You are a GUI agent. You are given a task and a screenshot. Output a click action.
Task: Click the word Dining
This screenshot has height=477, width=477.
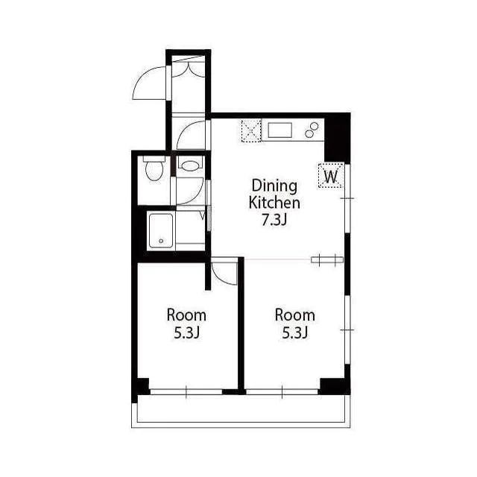pos(274,186)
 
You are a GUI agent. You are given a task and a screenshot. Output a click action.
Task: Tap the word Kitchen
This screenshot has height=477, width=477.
pos(274,203)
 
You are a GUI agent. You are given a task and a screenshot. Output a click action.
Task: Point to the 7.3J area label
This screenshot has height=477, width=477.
pos(274,219)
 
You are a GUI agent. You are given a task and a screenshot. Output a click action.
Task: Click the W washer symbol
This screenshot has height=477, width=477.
pos(331,176)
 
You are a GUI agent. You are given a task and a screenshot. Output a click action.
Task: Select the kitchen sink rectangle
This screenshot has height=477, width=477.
pos(280,130)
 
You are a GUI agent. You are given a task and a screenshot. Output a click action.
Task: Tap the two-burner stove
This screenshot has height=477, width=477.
pos(312,130)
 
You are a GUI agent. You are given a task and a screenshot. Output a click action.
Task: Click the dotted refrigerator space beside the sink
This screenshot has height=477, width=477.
pos(251,131)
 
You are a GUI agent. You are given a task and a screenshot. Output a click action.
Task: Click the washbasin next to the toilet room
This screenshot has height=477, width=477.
pos(190,165)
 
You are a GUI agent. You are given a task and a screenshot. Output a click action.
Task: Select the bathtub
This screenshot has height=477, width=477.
pos(161,230)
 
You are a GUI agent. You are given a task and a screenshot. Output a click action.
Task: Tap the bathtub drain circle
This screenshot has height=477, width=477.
pos(161,241)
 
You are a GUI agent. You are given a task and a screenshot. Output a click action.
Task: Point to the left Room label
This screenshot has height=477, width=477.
pos(186,315)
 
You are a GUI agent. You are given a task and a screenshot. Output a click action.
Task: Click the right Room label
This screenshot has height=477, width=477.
pos(295,315)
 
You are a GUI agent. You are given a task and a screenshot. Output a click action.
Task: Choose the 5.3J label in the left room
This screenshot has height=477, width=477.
pos(186,333)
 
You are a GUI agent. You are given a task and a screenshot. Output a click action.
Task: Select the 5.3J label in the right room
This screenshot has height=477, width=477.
pos(295,333)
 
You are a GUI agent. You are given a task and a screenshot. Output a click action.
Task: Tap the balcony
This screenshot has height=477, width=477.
pos(241,411)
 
